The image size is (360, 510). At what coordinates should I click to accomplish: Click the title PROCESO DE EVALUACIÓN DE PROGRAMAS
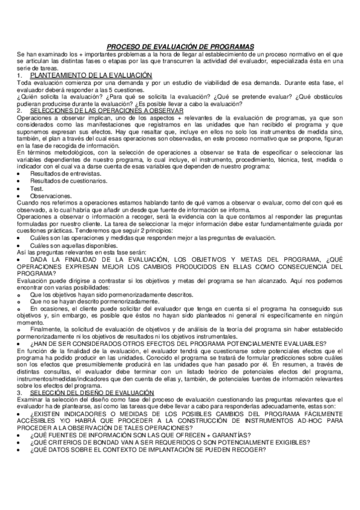pyautogui.click(x=180, y=46)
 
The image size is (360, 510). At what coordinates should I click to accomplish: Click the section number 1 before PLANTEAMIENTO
pyautogui.click(x=20, y=75)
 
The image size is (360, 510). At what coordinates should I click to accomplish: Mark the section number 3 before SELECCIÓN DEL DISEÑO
pyautogui.click(x=20, y=376)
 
